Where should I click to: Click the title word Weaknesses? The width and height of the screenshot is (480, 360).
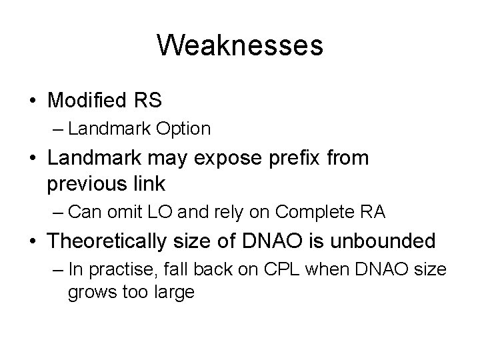coord(240,46)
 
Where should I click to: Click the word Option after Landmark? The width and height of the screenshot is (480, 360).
coord(185,129)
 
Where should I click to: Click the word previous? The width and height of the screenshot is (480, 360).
coord(88,181)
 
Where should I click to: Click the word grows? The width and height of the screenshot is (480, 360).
coord(88,292)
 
